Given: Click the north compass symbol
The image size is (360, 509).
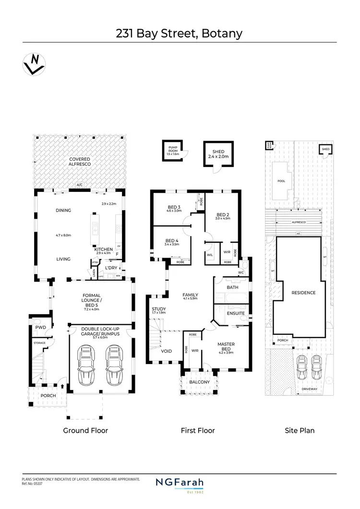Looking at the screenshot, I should pyautogui.click(x=33, y=64).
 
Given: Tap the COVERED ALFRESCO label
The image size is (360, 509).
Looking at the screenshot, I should pyautogui.click(x=80, y=162).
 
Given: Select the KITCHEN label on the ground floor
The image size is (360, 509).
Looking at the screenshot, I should pyautogui.click(x=104, y=249).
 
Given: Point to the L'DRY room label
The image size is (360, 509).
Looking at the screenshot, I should pyautogui.click(x=111, y=268).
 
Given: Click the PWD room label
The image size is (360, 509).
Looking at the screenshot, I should pyautogui.click(x=40, y=328).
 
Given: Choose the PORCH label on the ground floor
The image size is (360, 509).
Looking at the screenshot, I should pyautogui.click(x=48, y=396).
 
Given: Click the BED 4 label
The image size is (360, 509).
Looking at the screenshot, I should pyautogui.click(x=172, y=241).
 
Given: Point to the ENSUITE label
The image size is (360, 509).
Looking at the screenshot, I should pyautogui.click(x=236, y=313).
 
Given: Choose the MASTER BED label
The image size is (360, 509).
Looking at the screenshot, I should pyautogui.click(x=226, y=346).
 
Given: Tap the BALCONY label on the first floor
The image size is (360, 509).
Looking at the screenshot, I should pyautogui.click(x=198, y=382).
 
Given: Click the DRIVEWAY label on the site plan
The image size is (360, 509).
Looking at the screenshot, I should pyautogui.click(x=310, y=389).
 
